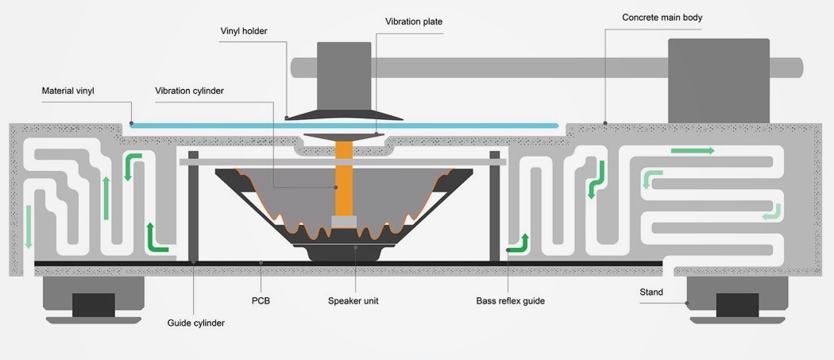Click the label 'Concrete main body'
pos(662,17)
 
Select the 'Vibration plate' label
pos(413,21)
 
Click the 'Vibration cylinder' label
pos(189,91)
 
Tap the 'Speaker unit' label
pos(354,301)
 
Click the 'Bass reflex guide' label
pos(510,301)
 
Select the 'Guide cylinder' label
pos(195,323)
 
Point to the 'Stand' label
pos(651,292)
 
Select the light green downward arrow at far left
pos(29,226)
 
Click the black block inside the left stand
pos(93,305)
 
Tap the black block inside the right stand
pos(737,305)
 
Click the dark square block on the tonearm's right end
pos(718,79)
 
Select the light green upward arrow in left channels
pos(106,198)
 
